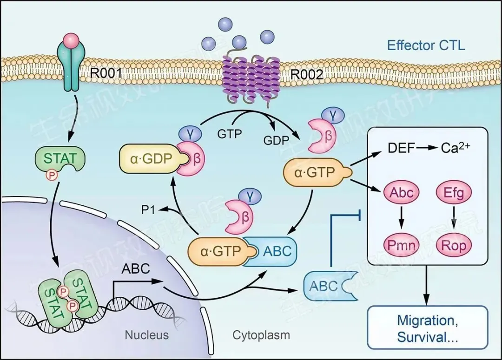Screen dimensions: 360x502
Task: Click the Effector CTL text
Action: pos(426,45)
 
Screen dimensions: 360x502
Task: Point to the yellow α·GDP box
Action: pos(148,158)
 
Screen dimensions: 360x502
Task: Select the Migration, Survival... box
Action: pos(427,327)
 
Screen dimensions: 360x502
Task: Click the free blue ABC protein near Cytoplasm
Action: pos(327,286)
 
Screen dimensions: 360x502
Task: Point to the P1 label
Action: pos(148,210)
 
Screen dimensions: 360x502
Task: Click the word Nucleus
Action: pos(147,334)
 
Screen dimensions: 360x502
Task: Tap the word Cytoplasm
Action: pos(261,334)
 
